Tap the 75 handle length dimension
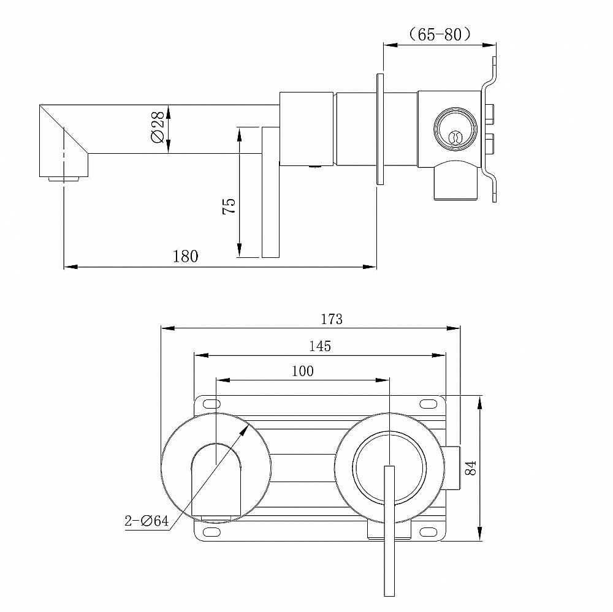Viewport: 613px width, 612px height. pos(229,206)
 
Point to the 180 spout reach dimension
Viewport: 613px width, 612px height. pos(186,255)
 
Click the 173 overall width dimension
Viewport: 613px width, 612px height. pos(331,319)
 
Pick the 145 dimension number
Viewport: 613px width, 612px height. pos(320,346)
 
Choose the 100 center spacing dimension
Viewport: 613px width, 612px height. pos(303,371)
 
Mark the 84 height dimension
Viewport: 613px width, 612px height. pos(470,469)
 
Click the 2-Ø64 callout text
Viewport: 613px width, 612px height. pos(147,522)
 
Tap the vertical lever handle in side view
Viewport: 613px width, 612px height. pos(270,193)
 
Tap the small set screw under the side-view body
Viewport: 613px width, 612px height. pos(316,165)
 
